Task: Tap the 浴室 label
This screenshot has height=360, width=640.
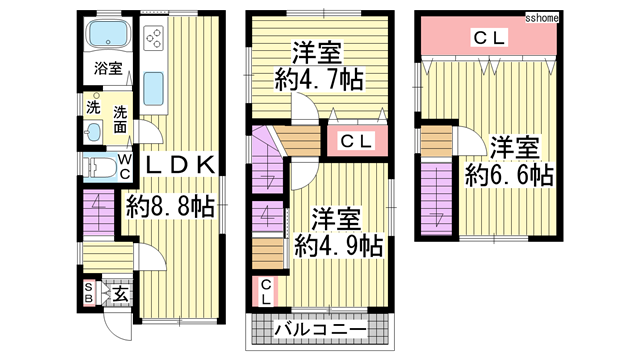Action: pos(109,69)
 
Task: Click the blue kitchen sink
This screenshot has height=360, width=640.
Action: pos(155,89)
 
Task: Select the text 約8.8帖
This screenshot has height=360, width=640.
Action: pos(170,206)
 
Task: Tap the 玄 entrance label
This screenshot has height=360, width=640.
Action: pos(119,294)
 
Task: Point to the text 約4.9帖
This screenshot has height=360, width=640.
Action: pos(335,243)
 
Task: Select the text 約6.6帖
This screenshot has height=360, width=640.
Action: pos(509,175)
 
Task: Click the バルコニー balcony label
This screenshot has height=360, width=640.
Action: pos(317,329)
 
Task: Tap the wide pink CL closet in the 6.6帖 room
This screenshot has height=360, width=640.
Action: pos(489,38)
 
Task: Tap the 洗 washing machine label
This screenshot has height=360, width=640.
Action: pos(91,107)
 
